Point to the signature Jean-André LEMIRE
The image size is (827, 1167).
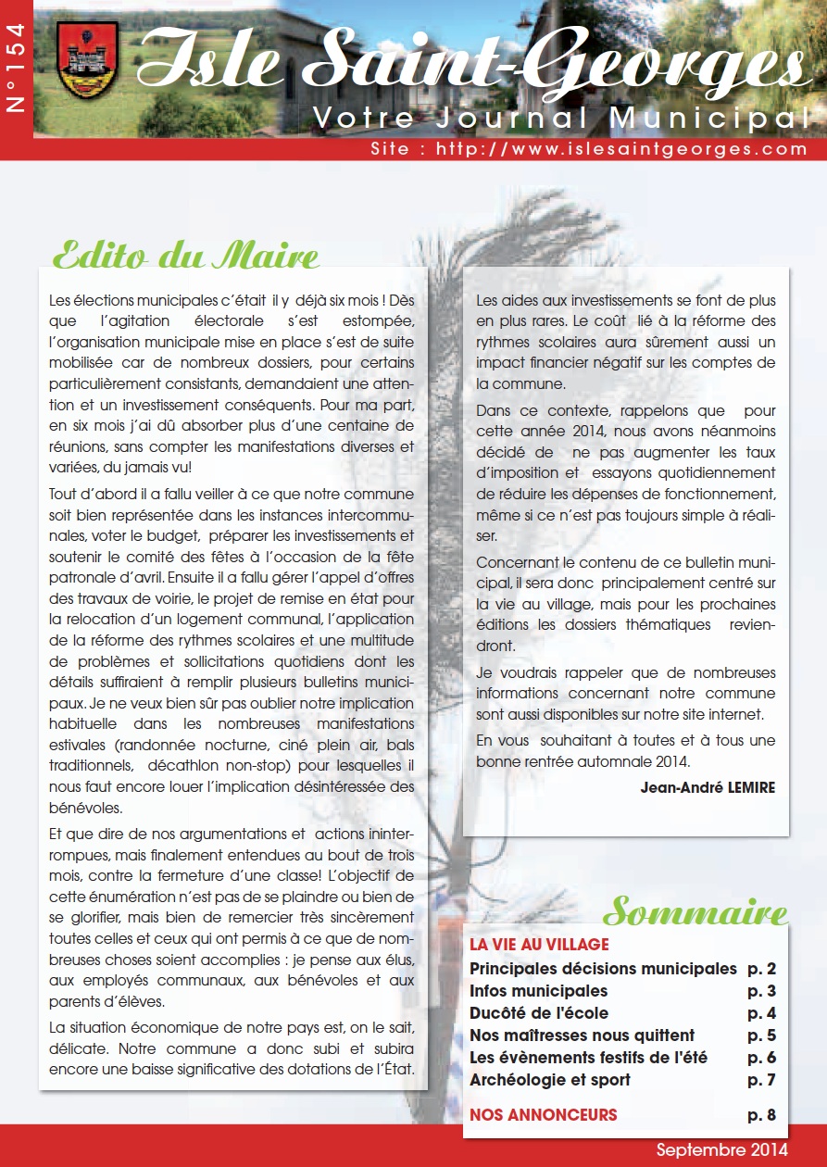pyautogui.click(x=708, y=787)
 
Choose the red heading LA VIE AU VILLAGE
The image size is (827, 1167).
pyautogui.click(x=539, y=945)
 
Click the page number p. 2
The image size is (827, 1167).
pyautogui.click(x=761, y=969)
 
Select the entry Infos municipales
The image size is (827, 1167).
pyautogui.click(x=538, y=991)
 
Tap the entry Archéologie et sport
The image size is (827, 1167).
pyautogui.click(x=549, y=1080)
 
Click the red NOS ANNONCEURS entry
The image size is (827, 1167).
pyautogui.click(x=543, y=1114)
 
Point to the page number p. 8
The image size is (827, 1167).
pyautogui.click(x=761, y=1114)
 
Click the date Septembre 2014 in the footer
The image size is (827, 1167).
pyautogui.click(x=722, y=1149)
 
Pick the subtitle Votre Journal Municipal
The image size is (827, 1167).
pyautogui.click(x=556, y=118)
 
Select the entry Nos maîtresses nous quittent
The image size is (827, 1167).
pyautogui.click(x=582, y=1035)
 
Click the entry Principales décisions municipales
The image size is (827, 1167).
pyautogui.click(x=603, y=969)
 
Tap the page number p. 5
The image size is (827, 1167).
pyautogui.click(x=761, y=1035)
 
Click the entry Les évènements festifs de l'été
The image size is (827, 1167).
pyautogui.click(x=588, y=1058)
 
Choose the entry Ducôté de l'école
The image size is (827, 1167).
pyautogui.click(x=539, y=1013)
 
